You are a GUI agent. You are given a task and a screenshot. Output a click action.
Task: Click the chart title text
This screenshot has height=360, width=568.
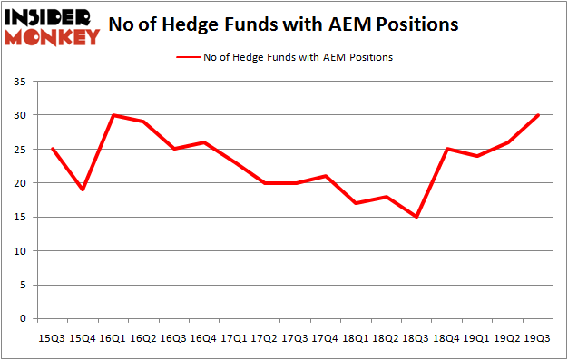(x=283, y=25)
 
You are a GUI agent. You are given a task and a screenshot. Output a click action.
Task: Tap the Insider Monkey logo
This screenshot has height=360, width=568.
(x=52, y=26)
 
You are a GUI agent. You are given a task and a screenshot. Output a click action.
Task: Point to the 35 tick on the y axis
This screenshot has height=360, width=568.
(x=20, y=82)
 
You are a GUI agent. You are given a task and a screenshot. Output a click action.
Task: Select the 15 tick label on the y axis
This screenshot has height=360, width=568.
(x=20, y=218)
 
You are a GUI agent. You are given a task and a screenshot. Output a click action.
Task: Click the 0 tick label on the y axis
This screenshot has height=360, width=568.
(x=23, y=319)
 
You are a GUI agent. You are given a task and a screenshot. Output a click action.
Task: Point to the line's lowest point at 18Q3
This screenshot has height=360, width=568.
(x=416, y=217)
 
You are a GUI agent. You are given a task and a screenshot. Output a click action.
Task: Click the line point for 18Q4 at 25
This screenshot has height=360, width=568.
(x=446, y=149)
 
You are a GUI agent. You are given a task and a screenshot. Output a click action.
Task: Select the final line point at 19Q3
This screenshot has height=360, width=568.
(x=536, y=115)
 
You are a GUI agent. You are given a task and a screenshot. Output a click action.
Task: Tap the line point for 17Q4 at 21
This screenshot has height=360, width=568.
(x=326, y=176)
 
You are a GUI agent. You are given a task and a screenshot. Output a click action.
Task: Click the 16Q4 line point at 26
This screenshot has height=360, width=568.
(x=205, y=142)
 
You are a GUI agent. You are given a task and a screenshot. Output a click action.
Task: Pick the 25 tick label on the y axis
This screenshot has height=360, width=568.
(x=20, y=150)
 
